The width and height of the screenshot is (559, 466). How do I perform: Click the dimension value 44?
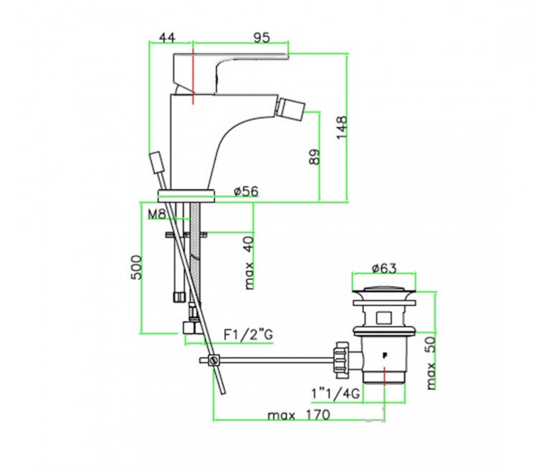click(167, 37)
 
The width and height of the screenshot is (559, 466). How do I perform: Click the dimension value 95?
click(262, 37)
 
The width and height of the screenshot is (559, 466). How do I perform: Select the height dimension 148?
click(341, 128)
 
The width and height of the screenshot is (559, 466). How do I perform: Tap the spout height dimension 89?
click(315, 156)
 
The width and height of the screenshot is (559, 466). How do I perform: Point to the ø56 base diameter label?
click(246, 192)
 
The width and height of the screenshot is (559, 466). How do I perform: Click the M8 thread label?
click(157, 214)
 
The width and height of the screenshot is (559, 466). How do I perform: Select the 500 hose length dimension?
click(136, 267)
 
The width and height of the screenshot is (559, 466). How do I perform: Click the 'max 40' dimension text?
click(249, 263)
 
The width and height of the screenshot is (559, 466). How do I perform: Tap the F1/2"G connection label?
click(248, 335)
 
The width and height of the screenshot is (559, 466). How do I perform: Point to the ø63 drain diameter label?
click(384, 268)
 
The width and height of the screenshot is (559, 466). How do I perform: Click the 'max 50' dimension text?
click(431, 363)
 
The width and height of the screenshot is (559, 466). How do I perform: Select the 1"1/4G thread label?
click(335, 394)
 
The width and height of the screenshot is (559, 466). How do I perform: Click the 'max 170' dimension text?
click(299, 415)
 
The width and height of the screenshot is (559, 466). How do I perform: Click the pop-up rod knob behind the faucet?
click(156, 163)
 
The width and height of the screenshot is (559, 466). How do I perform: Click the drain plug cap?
click(384, 292)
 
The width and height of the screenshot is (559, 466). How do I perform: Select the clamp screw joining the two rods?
click(214, 360)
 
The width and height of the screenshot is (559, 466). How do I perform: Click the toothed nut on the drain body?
click(340, 359)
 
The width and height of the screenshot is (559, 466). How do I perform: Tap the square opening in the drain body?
click(384, 318)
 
